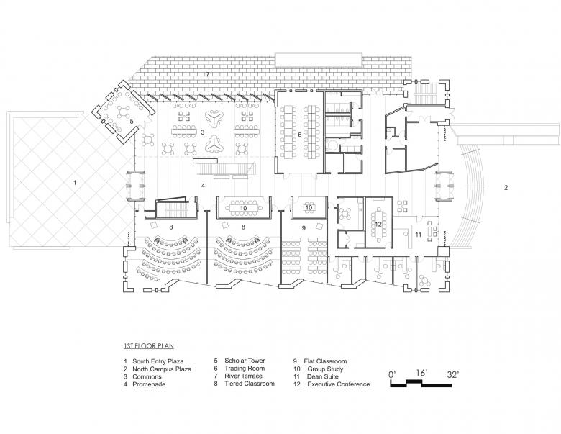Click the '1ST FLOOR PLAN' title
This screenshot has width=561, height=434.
(149, 346)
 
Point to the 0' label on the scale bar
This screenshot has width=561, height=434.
(392, 374)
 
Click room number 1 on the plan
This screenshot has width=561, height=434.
(75, 183)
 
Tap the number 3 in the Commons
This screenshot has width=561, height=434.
(203, 132)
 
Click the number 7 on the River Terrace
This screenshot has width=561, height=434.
(208, 75)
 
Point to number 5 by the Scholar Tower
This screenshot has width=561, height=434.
(132, 122)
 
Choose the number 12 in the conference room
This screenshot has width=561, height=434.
(377, 224)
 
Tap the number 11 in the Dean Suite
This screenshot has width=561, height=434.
(417, 235)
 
